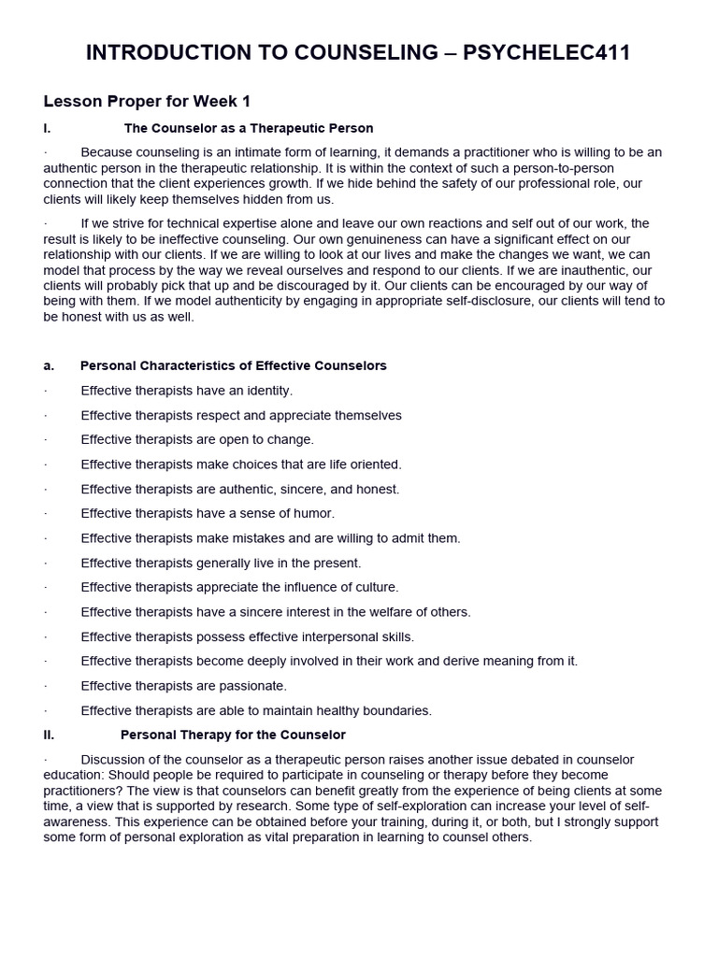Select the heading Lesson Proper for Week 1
tap(147, 101)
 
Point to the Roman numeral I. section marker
tap(48, 128)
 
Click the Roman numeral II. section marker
tap(50, 736)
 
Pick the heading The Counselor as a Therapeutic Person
tap(249, 128)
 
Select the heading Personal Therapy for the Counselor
tap(233, 736)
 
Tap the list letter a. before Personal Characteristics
tap(49, 365)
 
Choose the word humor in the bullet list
tap(315, 513)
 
